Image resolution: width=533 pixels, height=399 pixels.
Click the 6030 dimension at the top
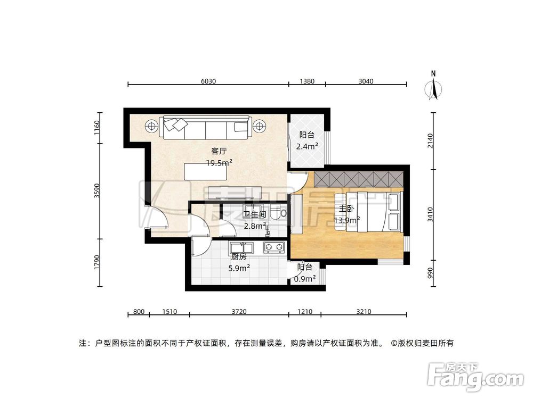pos(208,81)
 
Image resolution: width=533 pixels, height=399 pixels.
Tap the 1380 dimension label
pos(307,81)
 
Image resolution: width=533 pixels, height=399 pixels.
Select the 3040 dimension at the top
pos(366,81)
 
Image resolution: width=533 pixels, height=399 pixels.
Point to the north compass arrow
pos(434,87)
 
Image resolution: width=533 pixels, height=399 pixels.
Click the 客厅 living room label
pos(212,151)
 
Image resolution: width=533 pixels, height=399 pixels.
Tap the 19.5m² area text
pos(219,163)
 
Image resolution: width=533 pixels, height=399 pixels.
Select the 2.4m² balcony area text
pos(309,145)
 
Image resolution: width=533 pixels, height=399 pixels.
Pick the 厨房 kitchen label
pos(239,256)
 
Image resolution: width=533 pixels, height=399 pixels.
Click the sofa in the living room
pos(206,128)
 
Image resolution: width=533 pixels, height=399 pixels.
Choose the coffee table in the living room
pos(201,171)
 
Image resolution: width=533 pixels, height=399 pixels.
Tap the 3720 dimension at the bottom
pos(239,312)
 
